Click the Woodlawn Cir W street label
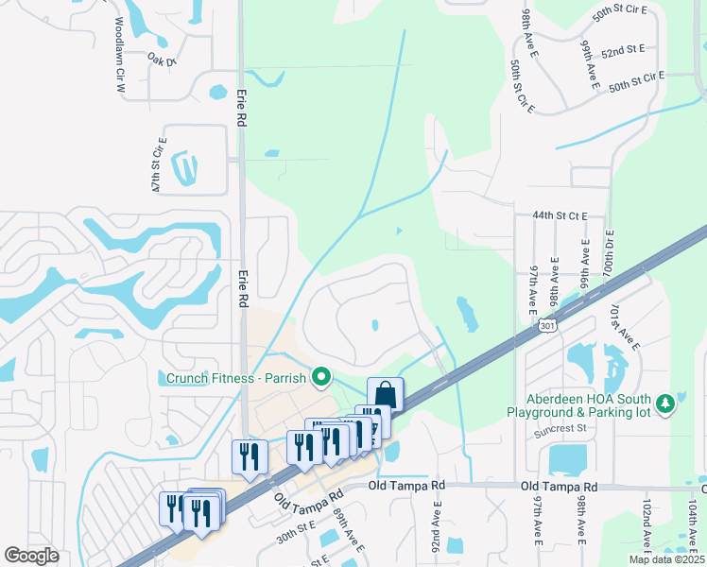click(120, 54)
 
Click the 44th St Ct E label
click(560, 216)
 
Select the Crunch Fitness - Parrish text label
click(236, 379)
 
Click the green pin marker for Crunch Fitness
click(321, 379)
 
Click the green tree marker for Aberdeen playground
click(666, 404)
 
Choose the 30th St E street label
click(294, 533)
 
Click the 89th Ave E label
click(349, 533)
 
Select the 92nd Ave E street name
click(437, 529)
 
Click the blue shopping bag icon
click(386, 393)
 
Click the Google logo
click(31, 556)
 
